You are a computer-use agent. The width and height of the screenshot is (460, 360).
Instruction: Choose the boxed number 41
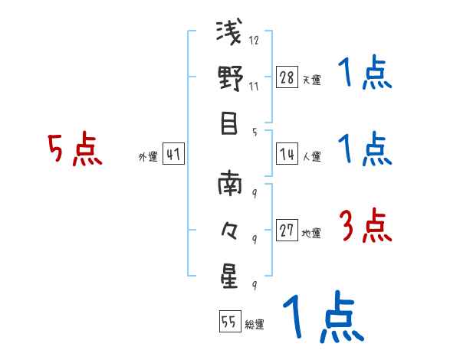[173, 155]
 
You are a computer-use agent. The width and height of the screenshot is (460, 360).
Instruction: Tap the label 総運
[255, 324]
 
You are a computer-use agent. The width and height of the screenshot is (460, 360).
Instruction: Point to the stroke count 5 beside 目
[254, 130]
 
